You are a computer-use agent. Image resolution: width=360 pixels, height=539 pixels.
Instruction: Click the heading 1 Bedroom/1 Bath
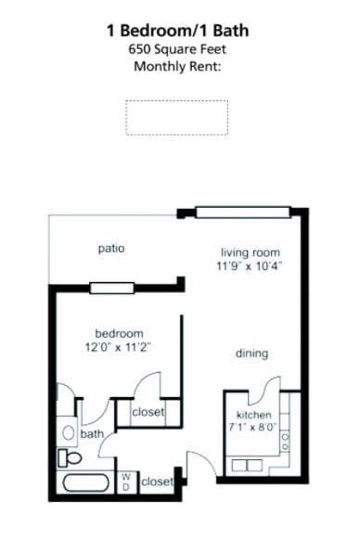(x=178, y=31)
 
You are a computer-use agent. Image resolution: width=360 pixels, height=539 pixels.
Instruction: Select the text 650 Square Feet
(x=178, y=49)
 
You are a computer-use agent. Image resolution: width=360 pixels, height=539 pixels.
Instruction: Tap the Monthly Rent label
(x=178, y=66)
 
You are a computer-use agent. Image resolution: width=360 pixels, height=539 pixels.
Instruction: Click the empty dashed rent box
(x=177, y=117)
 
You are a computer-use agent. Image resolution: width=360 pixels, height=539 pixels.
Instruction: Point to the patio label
(x=111, y=249)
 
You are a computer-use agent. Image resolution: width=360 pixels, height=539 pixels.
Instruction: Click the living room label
(x=250, y=252)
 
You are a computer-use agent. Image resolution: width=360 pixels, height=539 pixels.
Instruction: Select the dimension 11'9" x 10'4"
(x=250, y=266)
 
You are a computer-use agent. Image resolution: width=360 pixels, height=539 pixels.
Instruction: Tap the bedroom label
(x=120, y=334)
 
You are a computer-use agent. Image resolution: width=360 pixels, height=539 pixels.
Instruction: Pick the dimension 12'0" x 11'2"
(x=120, y=348)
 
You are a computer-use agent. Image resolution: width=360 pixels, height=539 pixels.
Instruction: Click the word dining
(x=251, y=353)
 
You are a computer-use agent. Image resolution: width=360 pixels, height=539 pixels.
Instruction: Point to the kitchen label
(x=253, y=415)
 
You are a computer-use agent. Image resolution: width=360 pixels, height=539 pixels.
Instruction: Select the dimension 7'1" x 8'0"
(x=253, y=429)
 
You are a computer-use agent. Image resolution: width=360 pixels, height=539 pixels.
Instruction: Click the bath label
(x=92, y=433)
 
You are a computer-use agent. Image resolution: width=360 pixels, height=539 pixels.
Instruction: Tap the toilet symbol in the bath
(x=70, y=457)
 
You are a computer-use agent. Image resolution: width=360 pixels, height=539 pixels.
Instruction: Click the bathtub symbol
(x=86, y=483)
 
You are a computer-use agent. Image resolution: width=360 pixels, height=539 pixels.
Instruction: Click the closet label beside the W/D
(x=158, y=481)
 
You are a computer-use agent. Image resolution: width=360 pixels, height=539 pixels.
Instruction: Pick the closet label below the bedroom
(x=148, y=412)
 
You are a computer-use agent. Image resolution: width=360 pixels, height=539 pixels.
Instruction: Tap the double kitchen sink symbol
(x=251, y=464)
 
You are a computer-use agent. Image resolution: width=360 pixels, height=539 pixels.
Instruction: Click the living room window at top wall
(x=242, y=212)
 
